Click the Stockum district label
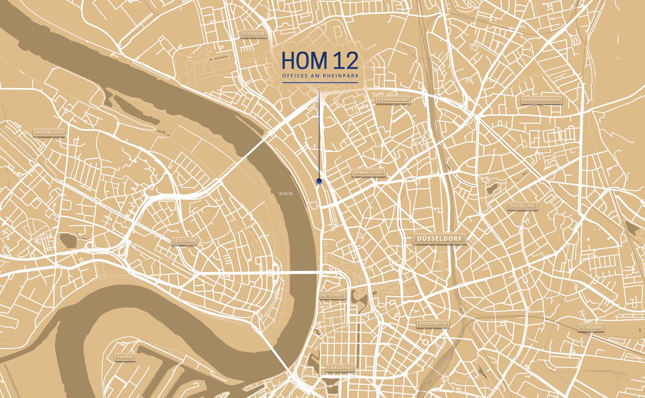pos(253,34)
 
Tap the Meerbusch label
pos(49,132)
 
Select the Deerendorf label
pos(393,100)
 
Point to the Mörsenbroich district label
pos(541,100)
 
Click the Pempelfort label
pos(369,173)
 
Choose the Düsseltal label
pos(523,206)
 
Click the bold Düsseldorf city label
pos(439,239)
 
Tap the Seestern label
pos(184,241)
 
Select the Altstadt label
pos(332,295)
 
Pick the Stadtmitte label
pos(433,324)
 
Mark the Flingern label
pos(591,327)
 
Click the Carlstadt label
pos(340,368)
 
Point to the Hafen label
pos(125,357)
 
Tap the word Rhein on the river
pos(286,194)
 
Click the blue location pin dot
pos(319,181)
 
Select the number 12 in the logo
pos(345,61)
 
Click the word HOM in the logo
pos(305,61)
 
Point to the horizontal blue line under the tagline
pos(320,83)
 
